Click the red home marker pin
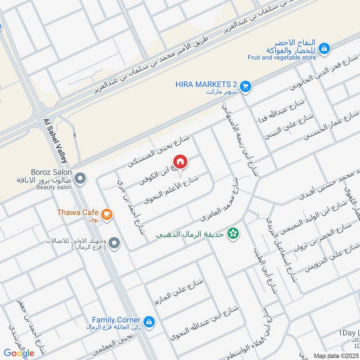click(x=180, y=162)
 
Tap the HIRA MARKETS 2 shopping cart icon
click(x=245, y=85)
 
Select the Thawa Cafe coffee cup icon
click(x=107, y=214)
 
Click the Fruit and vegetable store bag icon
click(x=324, y=48)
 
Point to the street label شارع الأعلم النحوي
click(x=171, y=189)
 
